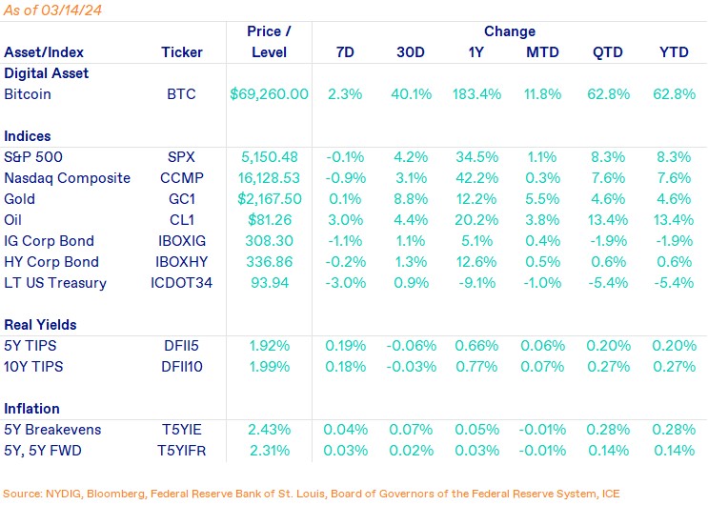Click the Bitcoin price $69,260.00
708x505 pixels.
pyautogui.click(x=270, y=94)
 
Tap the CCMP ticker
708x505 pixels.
pyautogui.click(x=182, y=178)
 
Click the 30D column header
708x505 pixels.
pyautogui.click(x=411, y=52)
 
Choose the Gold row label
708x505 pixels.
pyautogui.click(x=20, y=199)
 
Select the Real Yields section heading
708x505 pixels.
pyautogui.click(x=41, y=325)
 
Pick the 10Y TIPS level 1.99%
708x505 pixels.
pyautogui.click(x=270, y=367)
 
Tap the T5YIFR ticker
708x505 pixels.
pyautogui.click(x=182, y=451)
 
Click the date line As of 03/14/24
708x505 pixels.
pyautogui.click(x=54, y=10)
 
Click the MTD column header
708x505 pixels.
pyautogui.click(x=541, y=52)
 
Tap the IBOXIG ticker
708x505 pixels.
pyautogui.click(x=182, y=241)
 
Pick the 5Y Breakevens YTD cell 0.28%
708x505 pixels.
pyautogui.click(x=673, y=430)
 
